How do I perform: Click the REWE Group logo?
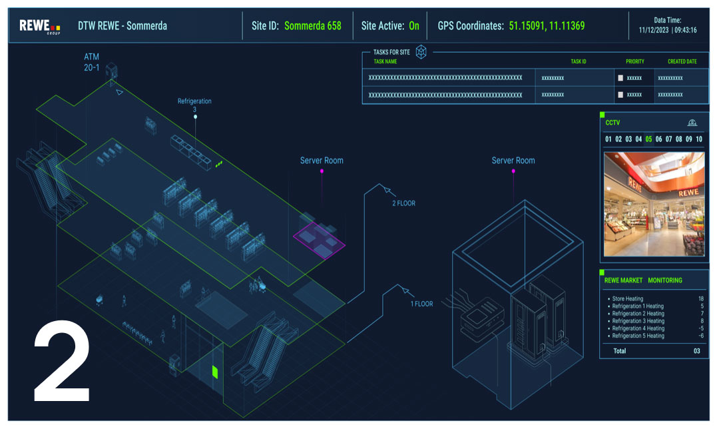pyautogui.click(x=39, y=26)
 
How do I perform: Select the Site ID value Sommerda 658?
pyautogui.click(x=312, y=26)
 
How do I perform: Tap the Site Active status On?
pyautogui.click(x=414, y=26)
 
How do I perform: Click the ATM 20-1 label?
pyautogui.click(x=92, y=63)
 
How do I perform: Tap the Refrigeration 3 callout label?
pyautogui.click(x=194, y=105)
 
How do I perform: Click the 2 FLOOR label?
pyautogui.click(x=403, y=203)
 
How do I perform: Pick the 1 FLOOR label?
pyautogui.click(x=421, y=304)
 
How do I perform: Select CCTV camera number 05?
pyautogui.click(x=648, y=139)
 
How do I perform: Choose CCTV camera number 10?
pyautogui.click(x=698, y=139)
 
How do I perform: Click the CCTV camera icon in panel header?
pyautogui.click(x=692, y=123)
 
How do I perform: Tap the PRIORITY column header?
pyautogui.click(x=634, y=61)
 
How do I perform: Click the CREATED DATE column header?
pyautogui.click(x=682, y=61)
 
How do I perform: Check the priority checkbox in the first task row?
pyautogui.click(x=620, y=78)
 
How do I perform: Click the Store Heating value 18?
pyautogui.click(x=700, y=298)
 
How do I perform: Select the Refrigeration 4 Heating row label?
pyautogui.click(x=638, y=328)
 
